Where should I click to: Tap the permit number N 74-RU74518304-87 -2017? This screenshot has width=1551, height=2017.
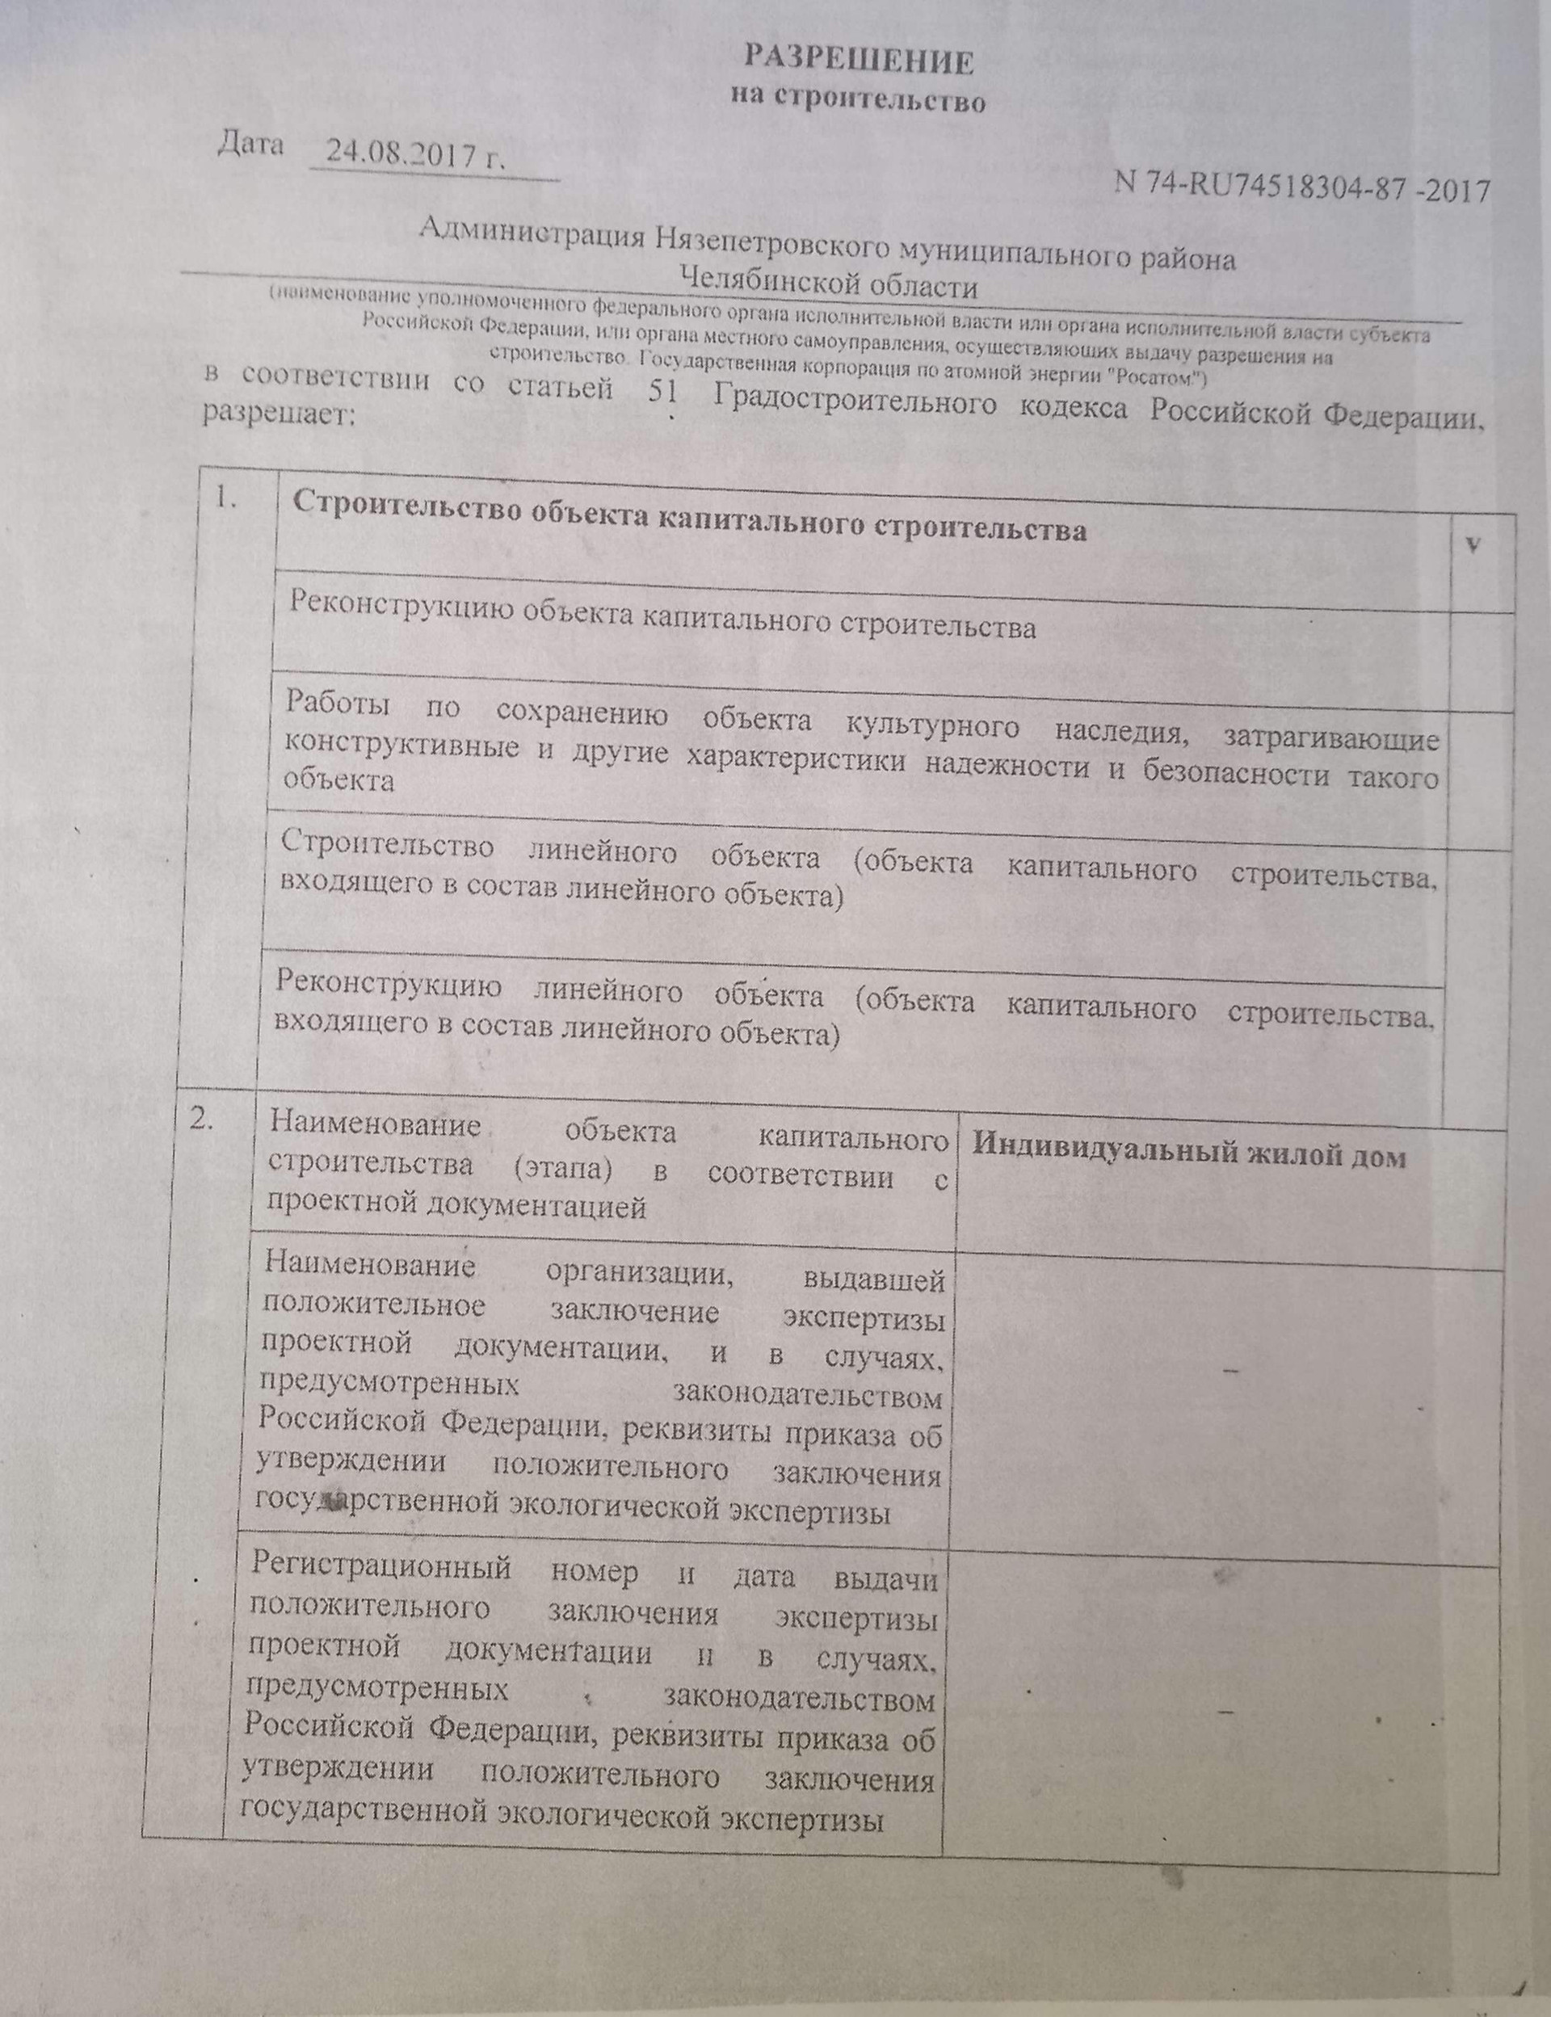1301,186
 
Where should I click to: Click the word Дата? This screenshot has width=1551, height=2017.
250,145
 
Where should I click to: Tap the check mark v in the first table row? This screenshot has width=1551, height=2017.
1474,544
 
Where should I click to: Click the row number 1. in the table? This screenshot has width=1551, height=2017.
226,499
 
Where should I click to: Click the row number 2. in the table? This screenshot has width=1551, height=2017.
202,1120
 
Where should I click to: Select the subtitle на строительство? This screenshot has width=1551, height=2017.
859,98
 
